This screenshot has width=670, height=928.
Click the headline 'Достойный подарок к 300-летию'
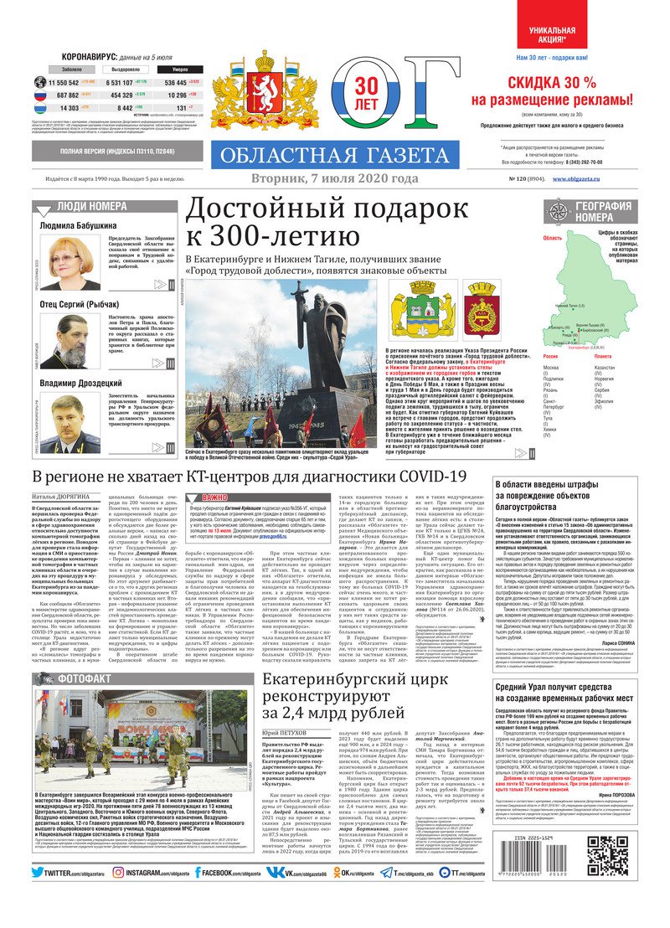[x=327, y=223]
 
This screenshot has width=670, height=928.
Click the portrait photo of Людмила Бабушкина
[x=70, y=262]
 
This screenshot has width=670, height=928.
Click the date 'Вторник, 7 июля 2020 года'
[x=334, y=179]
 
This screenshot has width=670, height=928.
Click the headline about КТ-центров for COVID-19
[x=249, y=477]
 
